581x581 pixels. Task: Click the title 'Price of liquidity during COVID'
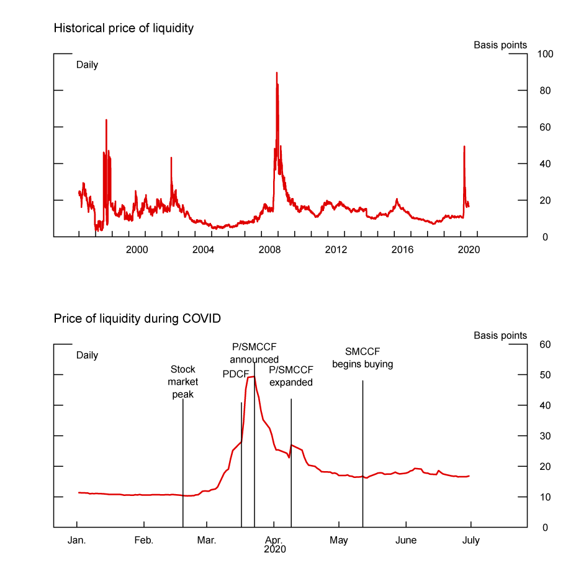click(137, 318)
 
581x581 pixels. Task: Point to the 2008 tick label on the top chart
click(270, 249)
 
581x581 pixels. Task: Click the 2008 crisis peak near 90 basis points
click(276, 73)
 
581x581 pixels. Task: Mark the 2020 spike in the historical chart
click(464, 147)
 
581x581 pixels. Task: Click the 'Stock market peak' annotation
click(182, 382)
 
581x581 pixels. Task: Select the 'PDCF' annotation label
click(235, 374)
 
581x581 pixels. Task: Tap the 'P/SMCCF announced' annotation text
click(254, 353)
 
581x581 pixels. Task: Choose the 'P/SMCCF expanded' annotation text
click(290, 376)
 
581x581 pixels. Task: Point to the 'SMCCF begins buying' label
click(363, 358)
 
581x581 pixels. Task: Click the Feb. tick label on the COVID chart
click(143, 540)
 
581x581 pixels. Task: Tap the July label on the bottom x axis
click(471, 540)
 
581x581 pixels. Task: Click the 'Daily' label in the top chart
click(87, 65)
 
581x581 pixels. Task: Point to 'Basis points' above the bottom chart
click(500, 335)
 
